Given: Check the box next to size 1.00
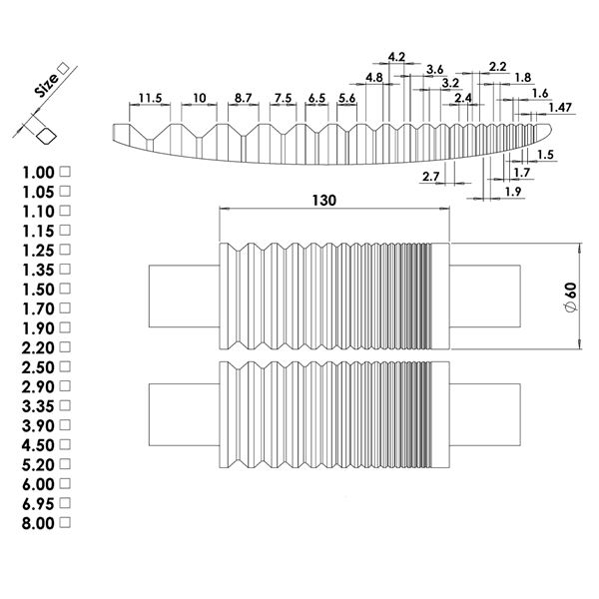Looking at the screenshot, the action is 66,172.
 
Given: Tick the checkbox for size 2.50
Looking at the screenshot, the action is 66,366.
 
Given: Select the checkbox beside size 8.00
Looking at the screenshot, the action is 66,522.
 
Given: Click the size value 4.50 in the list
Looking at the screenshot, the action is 38,445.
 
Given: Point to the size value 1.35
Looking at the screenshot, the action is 38,271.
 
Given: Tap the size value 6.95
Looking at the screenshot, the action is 38,504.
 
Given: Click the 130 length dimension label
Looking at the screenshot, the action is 324,201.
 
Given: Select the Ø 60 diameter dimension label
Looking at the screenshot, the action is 571,298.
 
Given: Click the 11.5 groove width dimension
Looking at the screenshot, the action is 150,98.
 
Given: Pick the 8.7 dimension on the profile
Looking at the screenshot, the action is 244,98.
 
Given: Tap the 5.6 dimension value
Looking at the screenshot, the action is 346,98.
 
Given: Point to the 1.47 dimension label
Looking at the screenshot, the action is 560,108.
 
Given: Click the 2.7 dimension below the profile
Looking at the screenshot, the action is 431,177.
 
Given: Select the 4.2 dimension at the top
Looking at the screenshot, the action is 396,57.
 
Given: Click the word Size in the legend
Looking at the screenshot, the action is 46,85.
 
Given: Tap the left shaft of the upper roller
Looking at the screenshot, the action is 184,297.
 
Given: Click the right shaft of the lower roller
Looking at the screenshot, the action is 485,414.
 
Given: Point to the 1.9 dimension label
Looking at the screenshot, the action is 513,192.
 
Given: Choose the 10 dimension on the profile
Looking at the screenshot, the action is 200,98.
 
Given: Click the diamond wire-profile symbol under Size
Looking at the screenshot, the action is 46,137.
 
